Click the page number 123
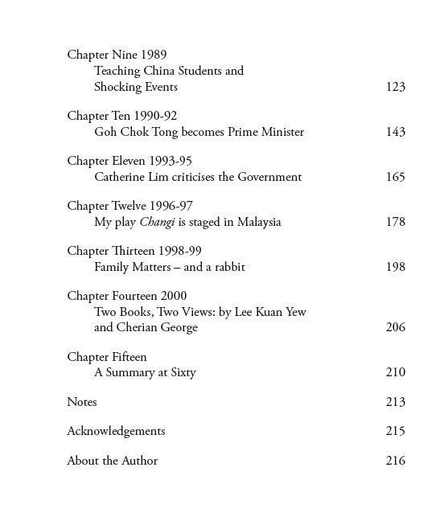395,87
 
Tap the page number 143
395,132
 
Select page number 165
395,177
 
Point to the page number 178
395,222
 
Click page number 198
395,267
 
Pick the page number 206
395,327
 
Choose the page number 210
395,372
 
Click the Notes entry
82,402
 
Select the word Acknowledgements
116,431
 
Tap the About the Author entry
112,461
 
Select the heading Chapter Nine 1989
117,55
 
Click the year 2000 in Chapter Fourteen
174,297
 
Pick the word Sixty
181,372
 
